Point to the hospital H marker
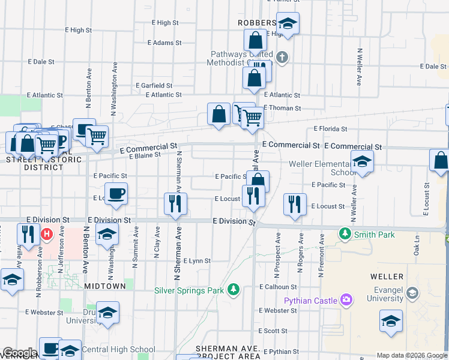coord(45,233)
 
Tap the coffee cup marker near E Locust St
coord(117,194)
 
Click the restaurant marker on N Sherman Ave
coord(175,203)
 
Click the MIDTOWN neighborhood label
coord(105,286)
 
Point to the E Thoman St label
coord(282,108)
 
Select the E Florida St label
coord(331,129)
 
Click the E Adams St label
coord(164,43)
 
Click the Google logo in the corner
coord(20,353)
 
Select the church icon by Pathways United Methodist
coord(282,58)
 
